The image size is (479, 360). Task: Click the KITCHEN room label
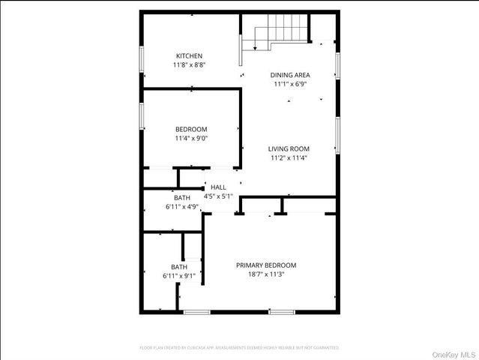pos(189,56)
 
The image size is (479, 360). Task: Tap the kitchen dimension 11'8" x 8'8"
pos(189,65)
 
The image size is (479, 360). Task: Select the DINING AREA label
pos(290,75)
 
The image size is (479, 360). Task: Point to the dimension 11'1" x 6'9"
pos(290,84)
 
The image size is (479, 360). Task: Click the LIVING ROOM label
pos(289,148)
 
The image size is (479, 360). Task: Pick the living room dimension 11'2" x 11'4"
pos(289,158)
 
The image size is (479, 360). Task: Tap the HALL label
pos(218,187)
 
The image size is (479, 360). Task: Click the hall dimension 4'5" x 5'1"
pos(219,196)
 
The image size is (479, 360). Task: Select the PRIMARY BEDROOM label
pos(266,265)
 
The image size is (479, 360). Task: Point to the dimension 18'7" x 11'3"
pos(266,275)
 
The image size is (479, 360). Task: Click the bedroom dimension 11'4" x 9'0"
pos(191,138)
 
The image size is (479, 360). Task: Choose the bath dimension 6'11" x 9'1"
pos(179,276)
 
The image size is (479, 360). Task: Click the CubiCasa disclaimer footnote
pos(239,348)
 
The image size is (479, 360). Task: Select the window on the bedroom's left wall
pos(142,115)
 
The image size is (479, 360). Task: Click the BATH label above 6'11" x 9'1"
pos(179,267)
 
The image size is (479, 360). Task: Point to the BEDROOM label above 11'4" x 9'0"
pos(191,129)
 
